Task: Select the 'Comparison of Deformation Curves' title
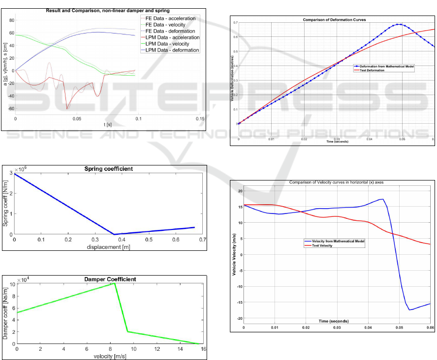point(334,20)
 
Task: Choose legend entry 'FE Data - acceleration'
point(176,18)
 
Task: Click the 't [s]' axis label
point(108,124)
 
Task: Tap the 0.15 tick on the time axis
point(200,118)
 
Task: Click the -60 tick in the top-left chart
point(11,109)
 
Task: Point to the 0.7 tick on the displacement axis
point(202,240)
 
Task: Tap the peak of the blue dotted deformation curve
point(399,24)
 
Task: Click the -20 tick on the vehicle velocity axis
point(239,318)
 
